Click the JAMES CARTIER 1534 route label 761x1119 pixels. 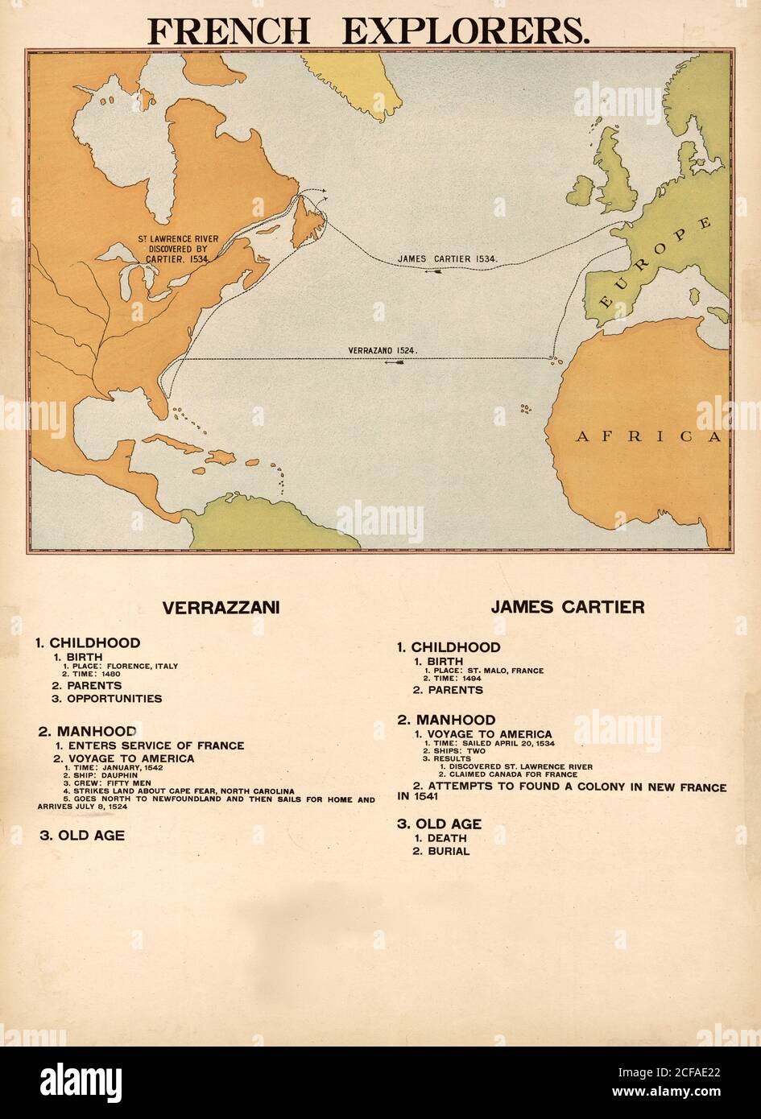[x=449, y=259]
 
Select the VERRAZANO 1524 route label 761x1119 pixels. [x=382, y=351]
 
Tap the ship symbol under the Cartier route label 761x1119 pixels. [x=435, y=271]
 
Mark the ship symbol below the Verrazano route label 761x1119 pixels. [x=394, y=362]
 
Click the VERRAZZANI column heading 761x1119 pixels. [x=221, y=609]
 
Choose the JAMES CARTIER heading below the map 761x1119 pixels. [x=568, y=608]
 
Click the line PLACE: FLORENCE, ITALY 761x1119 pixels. [x=121, y=667]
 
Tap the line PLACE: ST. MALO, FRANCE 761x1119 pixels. [x=484, y=671]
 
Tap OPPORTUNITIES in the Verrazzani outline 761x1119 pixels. [x=114, y=699]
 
